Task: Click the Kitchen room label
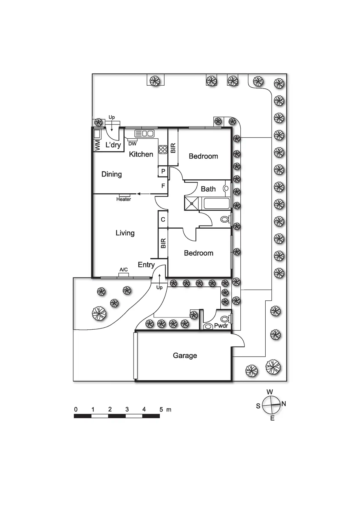141,154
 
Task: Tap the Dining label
111,174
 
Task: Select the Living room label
125,233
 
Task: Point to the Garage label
185,355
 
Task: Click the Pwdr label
221,326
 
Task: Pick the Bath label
208,189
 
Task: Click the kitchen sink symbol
144,133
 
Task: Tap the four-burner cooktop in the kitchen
163,149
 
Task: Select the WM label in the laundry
98,145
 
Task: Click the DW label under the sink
132,144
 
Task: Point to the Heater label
123,199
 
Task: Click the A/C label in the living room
124,270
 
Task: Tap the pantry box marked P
163,171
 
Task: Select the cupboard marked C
163,219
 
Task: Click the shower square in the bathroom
192,203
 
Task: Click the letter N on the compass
284,404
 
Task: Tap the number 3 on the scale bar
127,409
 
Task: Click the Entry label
146,265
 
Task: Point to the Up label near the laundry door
111,117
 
